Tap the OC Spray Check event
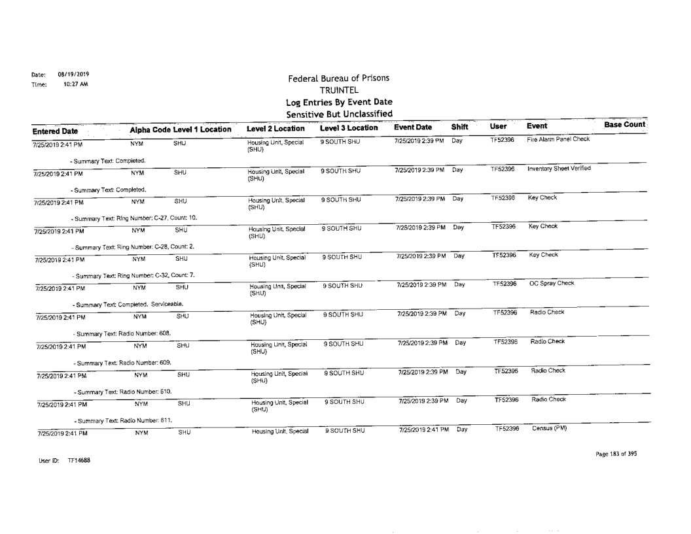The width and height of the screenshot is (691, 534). [x=552, y=283]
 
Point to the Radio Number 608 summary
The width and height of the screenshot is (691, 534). [x=121, y=333]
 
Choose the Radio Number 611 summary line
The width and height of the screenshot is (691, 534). [x=122, y=420]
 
